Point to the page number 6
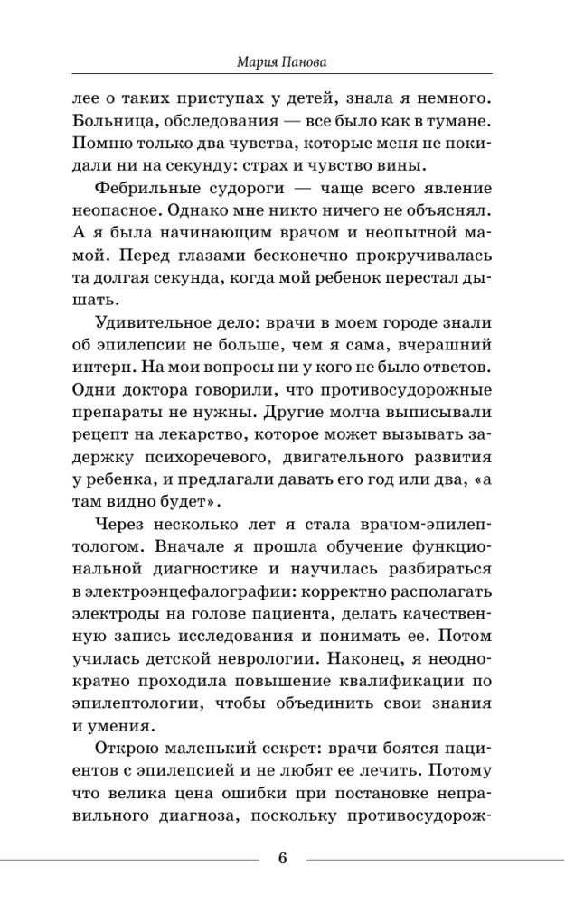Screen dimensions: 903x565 coord(282,858)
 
